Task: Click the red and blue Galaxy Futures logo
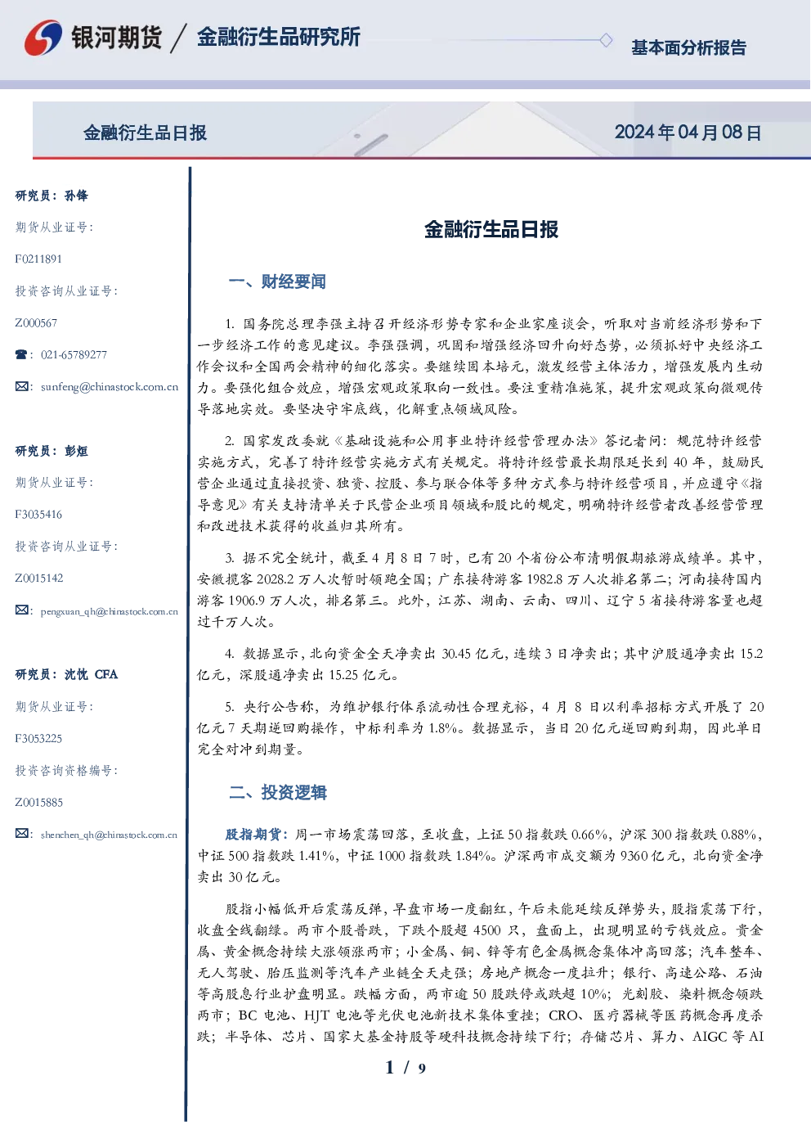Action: (x=43, y=38)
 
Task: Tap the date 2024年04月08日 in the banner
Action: (x=688, y=133)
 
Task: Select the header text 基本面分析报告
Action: (x=688, y=47)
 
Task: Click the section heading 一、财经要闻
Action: (x=277, y=281)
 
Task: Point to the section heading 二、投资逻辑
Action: (x=277, y=792)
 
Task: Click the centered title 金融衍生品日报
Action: (x=491, y=229)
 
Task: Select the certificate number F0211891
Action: (x=38, y=259)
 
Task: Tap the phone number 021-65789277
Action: (x=74, y=354)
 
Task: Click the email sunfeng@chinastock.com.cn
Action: (x=110, y=387)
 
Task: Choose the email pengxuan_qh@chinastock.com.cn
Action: (x=109, y=611)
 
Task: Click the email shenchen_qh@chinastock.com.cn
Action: (x=109, y=835)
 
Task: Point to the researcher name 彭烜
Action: (x=76, y=451)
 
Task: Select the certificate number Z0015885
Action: (x=39, y=803)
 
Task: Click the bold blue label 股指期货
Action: (x=253, y=835)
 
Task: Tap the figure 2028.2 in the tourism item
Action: (x=277, y=579)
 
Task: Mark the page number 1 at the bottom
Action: (x=390, y=1068)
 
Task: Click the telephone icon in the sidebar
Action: (x=21, y=354)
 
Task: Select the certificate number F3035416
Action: (x=38, y=515)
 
